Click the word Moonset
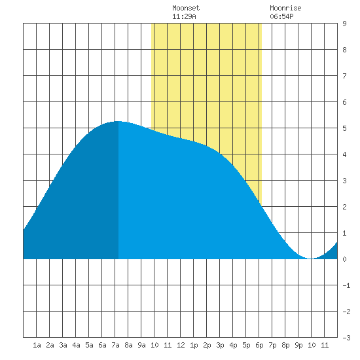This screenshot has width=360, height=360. tap(186, 8)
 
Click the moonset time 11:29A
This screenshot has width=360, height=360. tap(184, 16)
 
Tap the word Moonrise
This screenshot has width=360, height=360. tap(285, 8)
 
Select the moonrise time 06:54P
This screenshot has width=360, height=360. tap(281, 16)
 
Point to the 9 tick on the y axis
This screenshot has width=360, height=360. tap(344, 24)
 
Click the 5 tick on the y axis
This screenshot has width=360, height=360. tap(344, 128)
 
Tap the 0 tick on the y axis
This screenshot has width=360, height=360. tap(344, 259)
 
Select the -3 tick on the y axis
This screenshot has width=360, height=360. tap(346, 338)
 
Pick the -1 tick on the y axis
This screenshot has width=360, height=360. tap(346, 285)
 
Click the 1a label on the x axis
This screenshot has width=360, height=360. tap(37, 345)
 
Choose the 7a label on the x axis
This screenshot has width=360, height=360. tap(115, 345)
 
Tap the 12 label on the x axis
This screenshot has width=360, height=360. tap(181, 345)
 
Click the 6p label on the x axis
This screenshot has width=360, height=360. tap(259, 346)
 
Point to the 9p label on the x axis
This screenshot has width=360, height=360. tap(298, 346)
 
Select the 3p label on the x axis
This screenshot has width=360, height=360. tap(220, 346)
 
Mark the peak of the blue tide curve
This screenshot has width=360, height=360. tap(118, 121)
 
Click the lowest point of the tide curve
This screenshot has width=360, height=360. tap(311, 259)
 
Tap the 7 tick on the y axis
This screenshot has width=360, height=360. tap(344, 76)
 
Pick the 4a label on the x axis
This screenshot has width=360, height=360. tap(76, 345)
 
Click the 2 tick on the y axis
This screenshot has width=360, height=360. tap(344, 207)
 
